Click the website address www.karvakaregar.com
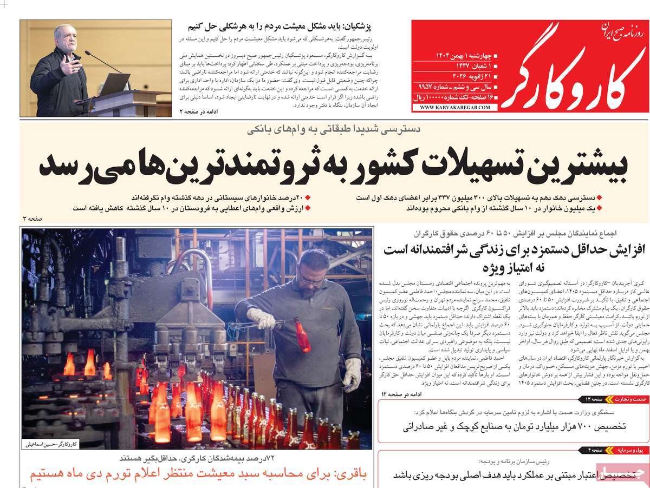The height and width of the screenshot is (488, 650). (x=454, y=108)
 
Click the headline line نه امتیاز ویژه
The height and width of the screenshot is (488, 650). (x=511, y=267)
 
